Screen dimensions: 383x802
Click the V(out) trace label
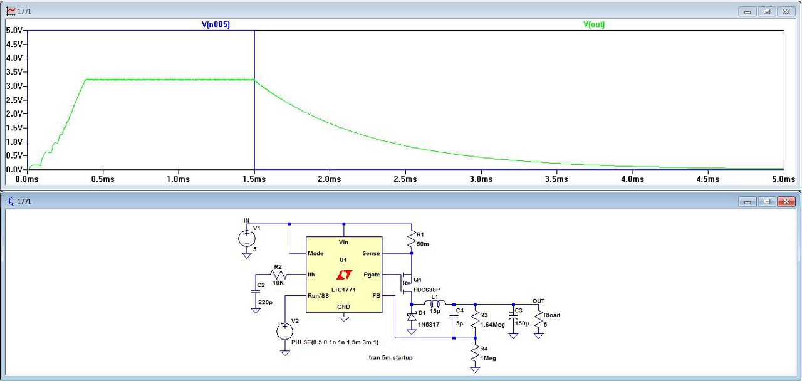(594, 24)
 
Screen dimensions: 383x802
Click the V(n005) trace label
(215, 24)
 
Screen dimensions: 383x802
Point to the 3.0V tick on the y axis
(14, 86)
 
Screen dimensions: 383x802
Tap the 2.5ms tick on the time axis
(405, 179)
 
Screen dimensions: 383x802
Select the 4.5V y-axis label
(14, 44)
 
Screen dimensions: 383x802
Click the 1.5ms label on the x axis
(254, 179)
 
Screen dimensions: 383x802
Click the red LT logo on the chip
(343, 275)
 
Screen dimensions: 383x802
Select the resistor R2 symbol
(278, 275)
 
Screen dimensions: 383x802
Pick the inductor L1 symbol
(436, 305)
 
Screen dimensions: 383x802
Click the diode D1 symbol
(412, 317)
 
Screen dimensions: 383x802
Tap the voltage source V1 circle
(246, 238)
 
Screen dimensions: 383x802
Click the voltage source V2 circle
(285, 331)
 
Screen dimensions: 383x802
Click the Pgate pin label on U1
(372, 275)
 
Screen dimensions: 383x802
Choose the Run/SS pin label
(318, 295)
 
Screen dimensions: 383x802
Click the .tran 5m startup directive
(390, 357)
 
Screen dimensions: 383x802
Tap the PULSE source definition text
(335, 342)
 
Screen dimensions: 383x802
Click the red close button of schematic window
(785, 201)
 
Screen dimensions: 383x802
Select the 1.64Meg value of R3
(492, 324)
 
